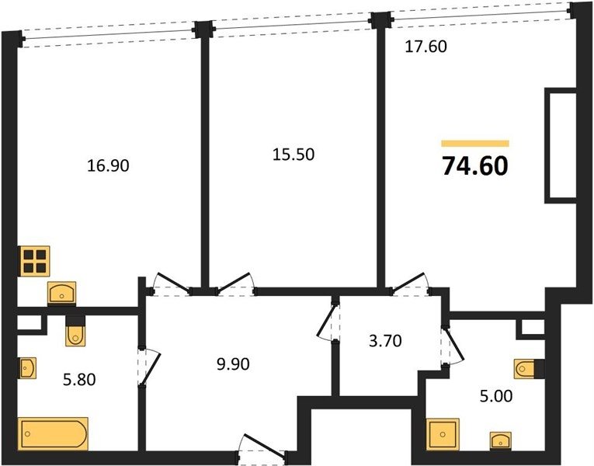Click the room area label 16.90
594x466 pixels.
point(109,165)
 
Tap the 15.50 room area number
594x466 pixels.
point(294,155)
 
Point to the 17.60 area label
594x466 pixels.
point(426,47)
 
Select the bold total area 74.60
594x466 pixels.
point(475,166)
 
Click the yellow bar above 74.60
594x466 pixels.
point(475,143)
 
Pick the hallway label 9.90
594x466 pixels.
point(233,364)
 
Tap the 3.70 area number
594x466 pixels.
point(385,341)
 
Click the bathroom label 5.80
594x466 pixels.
point(79,379)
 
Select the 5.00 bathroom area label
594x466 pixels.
point(496,396)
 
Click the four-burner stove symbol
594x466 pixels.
point(35,261)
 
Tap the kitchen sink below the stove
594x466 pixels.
point(62,293)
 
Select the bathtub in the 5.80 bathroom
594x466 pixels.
point(53,434)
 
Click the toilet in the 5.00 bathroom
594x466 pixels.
point(529,369)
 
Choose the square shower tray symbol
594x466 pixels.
point(443,435)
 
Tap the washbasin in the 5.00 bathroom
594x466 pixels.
point(500,441)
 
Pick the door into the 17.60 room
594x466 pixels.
point(410,283)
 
